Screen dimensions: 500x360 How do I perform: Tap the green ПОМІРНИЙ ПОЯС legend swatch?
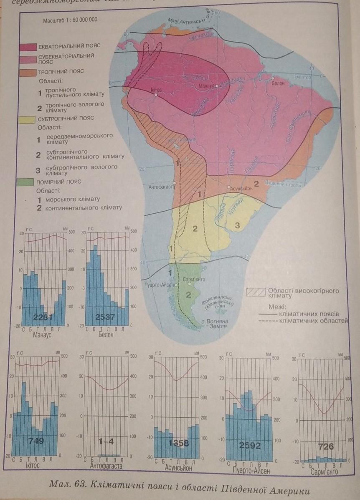click(x=28, y=182)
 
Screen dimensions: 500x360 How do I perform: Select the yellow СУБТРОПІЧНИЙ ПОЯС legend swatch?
click(x=28, y=119)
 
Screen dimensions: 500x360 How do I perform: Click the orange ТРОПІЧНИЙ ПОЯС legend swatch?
click(x=28, y=72)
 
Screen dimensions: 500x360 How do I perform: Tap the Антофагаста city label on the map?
click(x=161, y=187)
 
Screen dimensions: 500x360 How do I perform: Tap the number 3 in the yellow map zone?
click(x=236, y=226)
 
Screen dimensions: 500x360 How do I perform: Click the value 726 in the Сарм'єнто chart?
click(x=326, y=447)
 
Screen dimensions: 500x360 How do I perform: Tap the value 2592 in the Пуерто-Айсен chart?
click(x=250, y=445)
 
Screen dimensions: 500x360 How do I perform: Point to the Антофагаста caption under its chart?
click(x=106, y=466)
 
